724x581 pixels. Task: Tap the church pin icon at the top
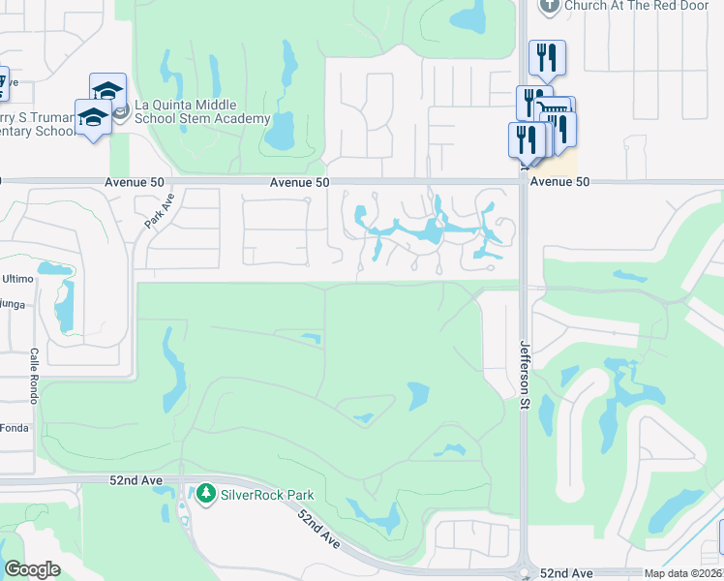click(x=549, y=5)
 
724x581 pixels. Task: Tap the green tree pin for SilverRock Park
click(x=205, y=494)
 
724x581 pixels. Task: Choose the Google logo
click(x=33, y=569)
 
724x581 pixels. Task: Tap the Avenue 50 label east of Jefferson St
click(x=559, y=181)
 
